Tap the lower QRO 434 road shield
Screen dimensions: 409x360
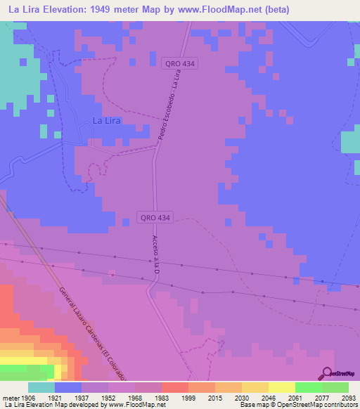coord(155,218)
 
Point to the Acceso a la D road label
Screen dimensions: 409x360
coord(155,256)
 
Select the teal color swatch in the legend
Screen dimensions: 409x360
coord(41,387)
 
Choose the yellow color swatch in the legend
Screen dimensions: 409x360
coord(281,387)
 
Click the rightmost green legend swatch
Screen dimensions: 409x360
coord(335,387)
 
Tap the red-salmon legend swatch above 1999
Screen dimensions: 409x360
coord(174,387)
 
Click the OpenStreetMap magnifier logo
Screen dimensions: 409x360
coord(326,375)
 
